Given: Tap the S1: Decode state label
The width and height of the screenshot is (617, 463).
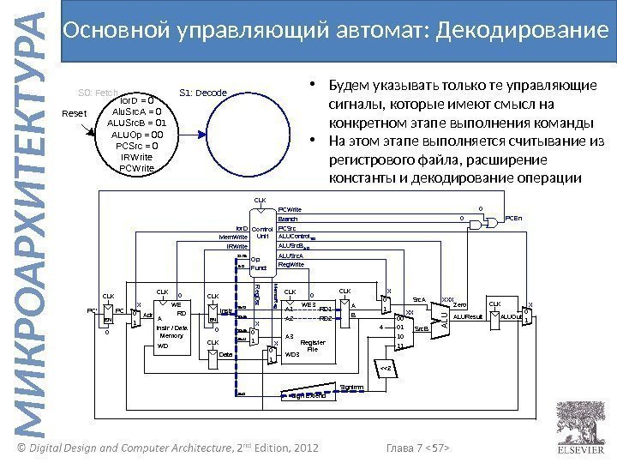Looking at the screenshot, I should pos(202,93).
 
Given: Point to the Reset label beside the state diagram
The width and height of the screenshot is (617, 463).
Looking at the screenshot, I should pos(76,113).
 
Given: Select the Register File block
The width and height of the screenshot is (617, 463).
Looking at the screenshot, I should pos(309,331).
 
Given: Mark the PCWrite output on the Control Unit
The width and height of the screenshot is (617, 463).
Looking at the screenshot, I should pos(291,209).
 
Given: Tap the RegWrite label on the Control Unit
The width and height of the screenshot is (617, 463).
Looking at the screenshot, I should pos(291,265).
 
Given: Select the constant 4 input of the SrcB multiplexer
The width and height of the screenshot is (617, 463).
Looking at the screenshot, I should pos(380,325).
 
